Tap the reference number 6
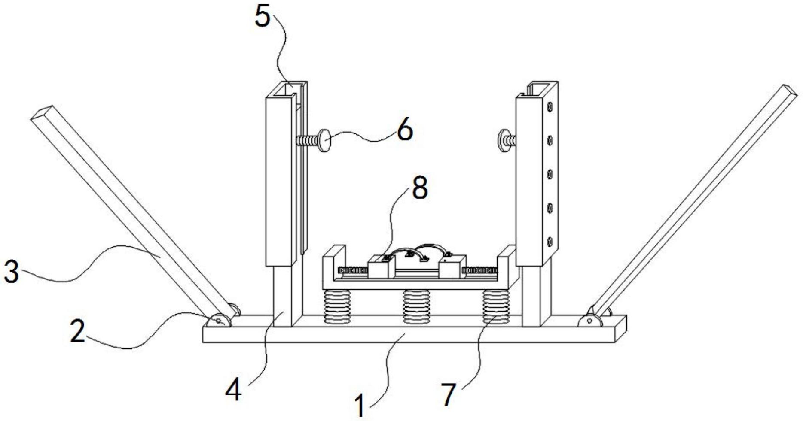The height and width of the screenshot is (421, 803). [x=404, y=130]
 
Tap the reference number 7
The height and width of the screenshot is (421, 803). [x=448, y=394]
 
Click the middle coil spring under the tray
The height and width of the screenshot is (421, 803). [x=416, y=306]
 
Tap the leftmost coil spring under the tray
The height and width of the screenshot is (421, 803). [x=336, y=306]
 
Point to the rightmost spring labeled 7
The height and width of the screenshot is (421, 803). [x=496, y=306]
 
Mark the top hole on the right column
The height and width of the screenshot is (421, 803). [x=549, y=106]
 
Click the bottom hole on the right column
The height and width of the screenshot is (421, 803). [x=549, y=242]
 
